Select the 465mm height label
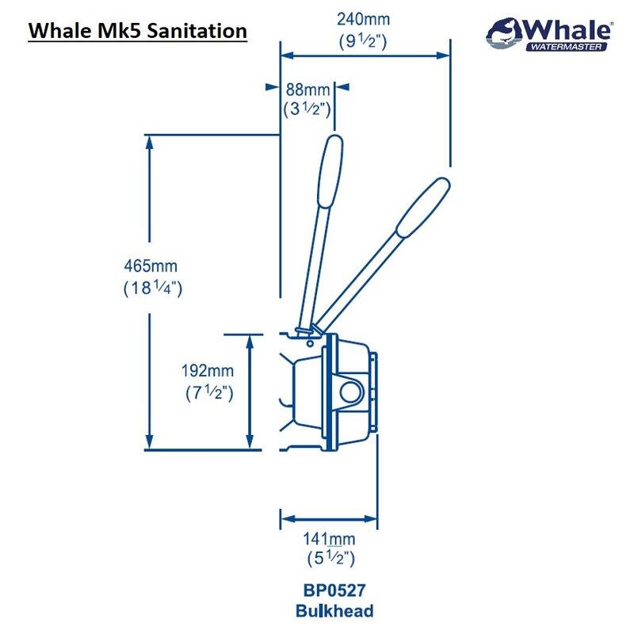[x=152, y=269]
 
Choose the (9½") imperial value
[x=363, y=42]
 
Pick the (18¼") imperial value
[x=153, y=288]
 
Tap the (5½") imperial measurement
[x=329, y=560]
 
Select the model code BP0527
[x=334, y=591]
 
